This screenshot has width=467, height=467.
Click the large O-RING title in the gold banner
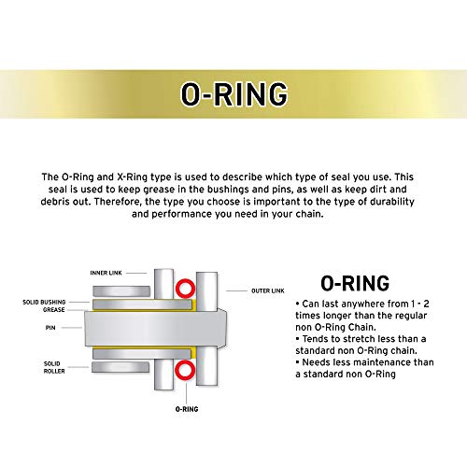[233, 93]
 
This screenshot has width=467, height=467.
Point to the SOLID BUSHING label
[43, 303]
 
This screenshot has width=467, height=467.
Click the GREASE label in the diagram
[55, 310]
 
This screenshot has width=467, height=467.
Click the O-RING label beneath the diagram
[187, 408]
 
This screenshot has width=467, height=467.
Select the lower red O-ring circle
[186, 373]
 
